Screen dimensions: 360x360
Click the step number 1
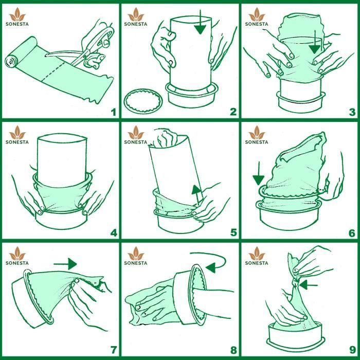tap(114, 112)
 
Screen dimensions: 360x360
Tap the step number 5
tap(233, 232)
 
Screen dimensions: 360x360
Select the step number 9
tap(353, 350)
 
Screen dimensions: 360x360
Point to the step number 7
tap(114, 350)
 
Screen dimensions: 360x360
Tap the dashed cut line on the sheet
tap(53, 71)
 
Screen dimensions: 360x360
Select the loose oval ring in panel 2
tap(143, 101)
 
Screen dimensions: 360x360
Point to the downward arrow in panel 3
tap(314, 42)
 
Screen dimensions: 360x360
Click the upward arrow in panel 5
tap(197, 195)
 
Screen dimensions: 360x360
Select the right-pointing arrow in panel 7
tap(65, 264)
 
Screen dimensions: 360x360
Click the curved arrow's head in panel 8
tap(211, 268)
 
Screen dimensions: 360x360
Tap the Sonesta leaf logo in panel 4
tap(17, 133)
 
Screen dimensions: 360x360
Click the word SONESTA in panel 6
tap(257, 142)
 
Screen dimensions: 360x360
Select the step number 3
tap(352, 112)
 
